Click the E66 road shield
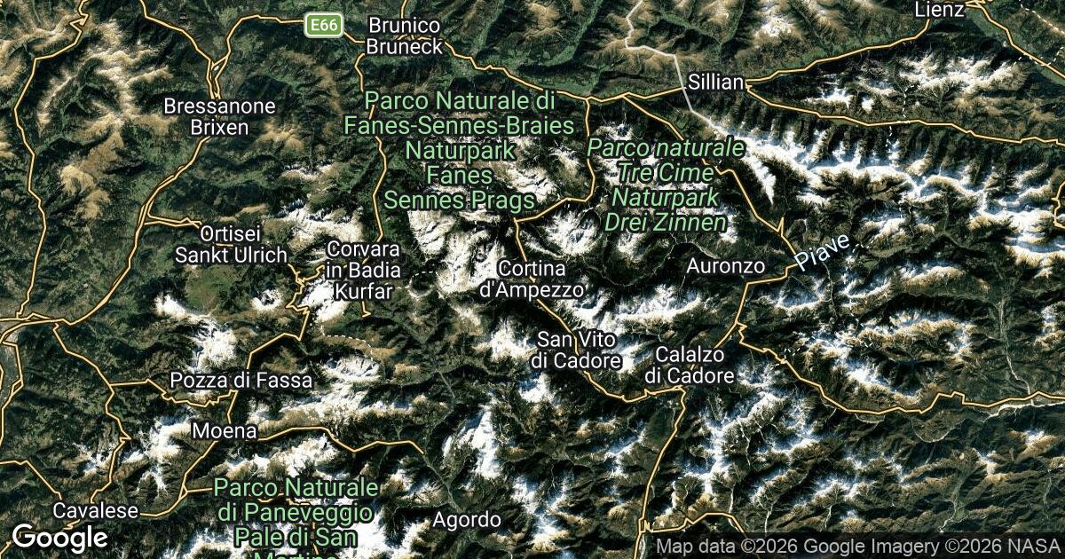click(x=324, y=25)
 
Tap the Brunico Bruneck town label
click(x=404, y=35)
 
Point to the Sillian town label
click(x=715, y=83)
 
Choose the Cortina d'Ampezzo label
click(x=532, y=279)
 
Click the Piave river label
click(x=823, y=252)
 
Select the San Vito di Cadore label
click(x=577, y=350)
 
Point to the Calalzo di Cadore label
click(x=689, y=365)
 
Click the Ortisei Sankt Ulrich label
click(x=231, y=244)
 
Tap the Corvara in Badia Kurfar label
click(x=363, y=270)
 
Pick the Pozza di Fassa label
click(x=241, y=381)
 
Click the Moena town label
click(x=225, y=431)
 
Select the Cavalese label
click(x=96, y=511)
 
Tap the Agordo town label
click(x=467, y=519)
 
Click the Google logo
click(x=59, y=537)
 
